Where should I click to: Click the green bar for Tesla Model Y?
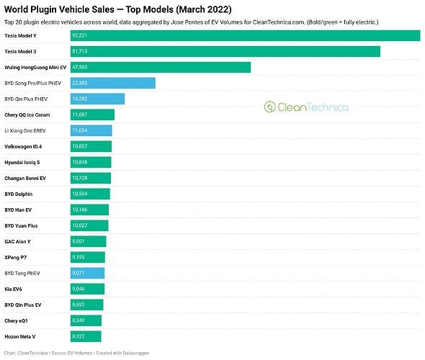[x=246, y=35]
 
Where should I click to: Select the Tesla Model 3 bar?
[x=225, y=51]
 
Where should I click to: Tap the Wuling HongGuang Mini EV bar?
[x=161, y=67]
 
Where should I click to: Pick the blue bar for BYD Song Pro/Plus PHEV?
[x=113, y=84]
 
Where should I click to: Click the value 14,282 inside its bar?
[x=80, y=99]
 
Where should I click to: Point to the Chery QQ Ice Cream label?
[x=27, y=115]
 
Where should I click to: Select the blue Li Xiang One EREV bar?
[x=91, y=130]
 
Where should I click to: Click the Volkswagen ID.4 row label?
[x=23, y=147]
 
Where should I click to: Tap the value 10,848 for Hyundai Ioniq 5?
[x=80, y=162]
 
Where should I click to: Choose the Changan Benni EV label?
[x=25, y=179]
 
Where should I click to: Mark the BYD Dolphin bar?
[x=90, y=194]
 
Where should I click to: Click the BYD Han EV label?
[x=18, y=210]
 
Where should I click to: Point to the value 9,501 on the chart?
[x=78, y=241]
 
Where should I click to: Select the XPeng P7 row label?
[x=15, y=257]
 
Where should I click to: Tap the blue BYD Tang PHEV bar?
[x=87, y=273]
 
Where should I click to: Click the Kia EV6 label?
[x=13, y=289]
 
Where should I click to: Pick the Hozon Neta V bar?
[x=86, y=336]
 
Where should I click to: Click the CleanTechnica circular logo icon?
[x=269, y=107]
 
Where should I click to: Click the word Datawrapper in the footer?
[x=136, y=353]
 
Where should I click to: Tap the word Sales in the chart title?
[x=103, y=9]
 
